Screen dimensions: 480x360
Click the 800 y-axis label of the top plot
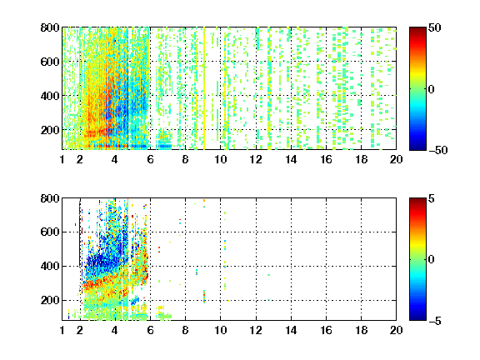pyautogui.click(x=50, y=27)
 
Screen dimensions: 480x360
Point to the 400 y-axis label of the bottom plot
pyautogui.click(x=50, y=266)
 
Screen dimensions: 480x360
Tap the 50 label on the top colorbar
pyautogui.click(x=435, y=27)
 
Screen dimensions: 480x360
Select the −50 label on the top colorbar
pyautogui.click(x=437, y=150)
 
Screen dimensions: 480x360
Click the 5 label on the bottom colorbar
pyautogui.click(x=432, y=198)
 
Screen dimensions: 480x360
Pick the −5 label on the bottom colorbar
pyautogui.click(x=435, y=321)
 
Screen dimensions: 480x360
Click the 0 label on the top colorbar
pyautogui.click(x=432, y=89)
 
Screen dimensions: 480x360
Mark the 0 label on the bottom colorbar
pyautogui.click(x=432, y=260)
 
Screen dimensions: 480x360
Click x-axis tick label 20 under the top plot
pyautogui.click(x=396, y=159)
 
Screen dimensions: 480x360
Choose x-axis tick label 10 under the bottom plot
pyautogui.click(x=220, y=330)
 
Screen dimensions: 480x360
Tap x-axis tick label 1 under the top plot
pyautogui.click(x=62, y=159)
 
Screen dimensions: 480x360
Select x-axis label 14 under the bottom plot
pyautogui.click(x=291, y=330)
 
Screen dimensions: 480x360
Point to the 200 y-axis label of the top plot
pyautogui.click(x=50, y=130)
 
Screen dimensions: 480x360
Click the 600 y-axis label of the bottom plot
pyautogui.click(x=50, y=232)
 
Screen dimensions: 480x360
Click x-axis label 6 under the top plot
pyautogui.click(x=150, y=159)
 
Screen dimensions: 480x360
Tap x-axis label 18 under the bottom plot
pyautogui.click(x=361, y=330)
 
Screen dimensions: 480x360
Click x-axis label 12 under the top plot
pyautogui.click(x=256, y=159)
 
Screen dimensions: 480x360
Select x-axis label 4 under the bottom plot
pyautogui.click(x=114, y=330)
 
